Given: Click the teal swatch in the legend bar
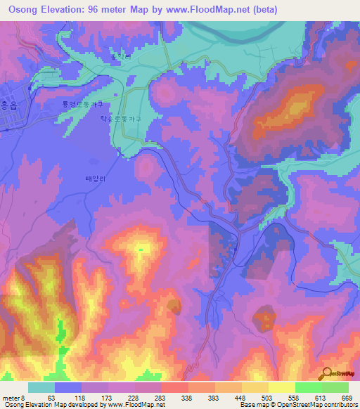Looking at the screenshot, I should click(x=41, y=387).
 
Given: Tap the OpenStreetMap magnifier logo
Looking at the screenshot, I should click(x=326, y=372).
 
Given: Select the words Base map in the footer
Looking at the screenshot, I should click(x=253, y=405).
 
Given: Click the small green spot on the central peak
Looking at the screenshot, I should click(x=141, y=249).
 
